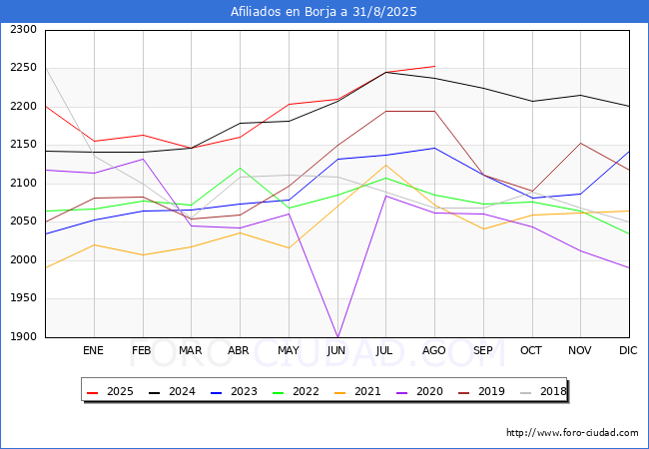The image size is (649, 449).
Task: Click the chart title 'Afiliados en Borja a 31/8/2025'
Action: [x=324, y=12]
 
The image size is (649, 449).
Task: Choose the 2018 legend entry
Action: [x=540, y=392]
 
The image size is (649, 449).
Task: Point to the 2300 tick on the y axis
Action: [x=23, y=30]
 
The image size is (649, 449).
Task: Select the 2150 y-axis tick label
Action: [x=23, y=146]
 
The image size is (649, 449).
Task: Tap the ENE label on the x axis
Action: [x=94, y=350]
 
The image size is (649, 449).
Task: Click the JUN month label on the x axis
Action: [x=336, y=350]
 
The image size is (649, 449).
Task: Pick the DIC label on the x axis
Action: [x=628, y=350]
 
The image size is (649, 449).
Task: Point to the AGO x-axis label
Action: [x=433, y=350]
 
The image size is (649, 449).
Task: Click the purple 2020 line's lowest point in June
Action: [x=337, y=336]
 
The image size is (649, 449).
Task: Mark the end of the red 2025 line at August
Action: [x=434, y=66]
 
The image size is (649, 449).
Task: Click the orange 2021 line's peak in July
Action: [x=385, y=165]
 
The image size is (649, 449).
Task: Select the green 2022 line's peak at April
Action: [x=240, y=168]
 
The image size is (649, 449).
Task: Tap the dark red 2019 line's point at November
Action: [x=580, y=143]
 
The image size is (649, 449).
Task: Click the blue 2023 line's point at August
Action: [x=434, y=148]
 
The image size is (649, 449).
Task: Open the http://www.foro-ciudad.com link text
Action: [x=572, y=433]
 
